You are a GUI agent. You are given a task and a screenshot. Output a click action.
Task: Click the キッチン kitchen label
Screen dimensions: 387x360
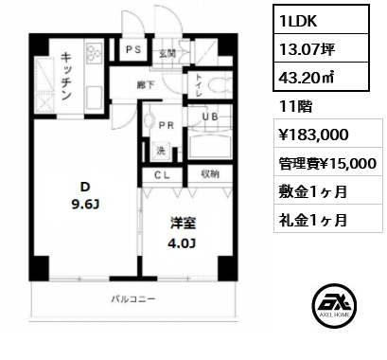point(66,76)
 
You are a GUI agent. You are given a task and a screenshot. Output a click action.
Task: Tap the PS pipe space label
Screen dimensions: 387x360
point(133,49)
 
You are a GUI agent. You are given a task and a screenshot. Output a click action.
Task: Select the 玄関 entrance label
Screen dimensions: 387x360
point(167,54)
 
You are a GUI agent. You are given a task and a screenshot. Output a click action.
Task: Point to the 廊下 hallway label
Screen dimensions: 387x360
point(146,85)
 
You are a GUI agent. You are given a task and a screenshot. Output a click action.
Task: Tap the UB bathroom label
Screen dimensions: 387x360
point(210,117)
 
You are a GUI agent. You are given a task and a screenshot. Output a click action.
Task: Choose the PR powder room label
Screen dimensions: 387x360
point(167,126)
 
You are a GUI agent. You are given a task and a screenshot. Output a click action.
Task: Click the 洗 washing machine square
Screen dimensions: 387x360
point(161,151)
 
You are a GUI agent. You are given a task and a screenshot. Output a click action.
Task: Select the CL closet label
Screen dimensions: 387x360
point(162,175)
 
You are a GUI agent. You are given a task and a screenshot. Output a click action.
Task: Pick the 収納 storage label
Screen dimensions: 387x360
point(210,174)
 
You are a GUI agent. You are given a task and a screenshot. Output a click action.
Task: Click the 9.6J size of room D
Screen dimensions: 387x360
point(86,205)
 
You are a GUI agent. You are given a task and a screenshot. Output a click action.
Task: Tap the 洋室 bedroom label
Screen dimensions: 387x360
point(183,224)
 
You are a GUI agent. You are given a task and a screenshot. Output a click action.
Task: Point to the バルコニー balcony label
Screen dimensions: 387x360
point(133,298)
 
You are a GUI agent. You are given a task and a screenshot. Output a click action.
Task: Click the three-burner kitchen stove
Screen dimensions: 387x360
point(94,52)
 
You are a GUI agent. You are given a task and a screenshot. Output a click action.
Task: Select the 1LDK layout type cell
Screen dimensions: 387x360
point(321,20)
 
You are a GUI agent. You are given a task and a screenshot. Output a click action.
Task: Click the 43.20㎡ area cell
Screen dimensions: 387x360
point(321,77)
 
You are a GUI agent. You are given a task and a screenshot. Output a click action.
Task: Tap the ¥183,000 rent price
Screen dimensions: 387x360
point(314,135)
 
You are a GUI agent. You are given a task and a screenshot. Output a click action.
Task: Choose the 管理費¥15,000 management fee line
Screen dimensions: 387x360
point(327,163)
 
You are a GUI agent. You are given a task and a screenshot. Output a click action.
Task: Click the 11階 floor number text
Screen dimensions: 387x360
point(295,106)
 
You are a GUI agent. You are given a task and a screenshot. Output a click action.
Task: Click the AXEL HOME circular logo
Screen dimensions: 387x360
point(334,305)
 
